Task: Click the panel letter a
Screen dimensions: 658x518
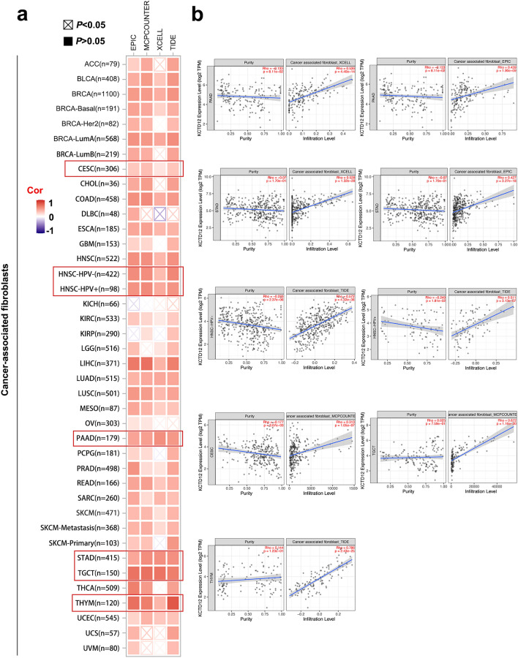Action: (10, 12)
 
